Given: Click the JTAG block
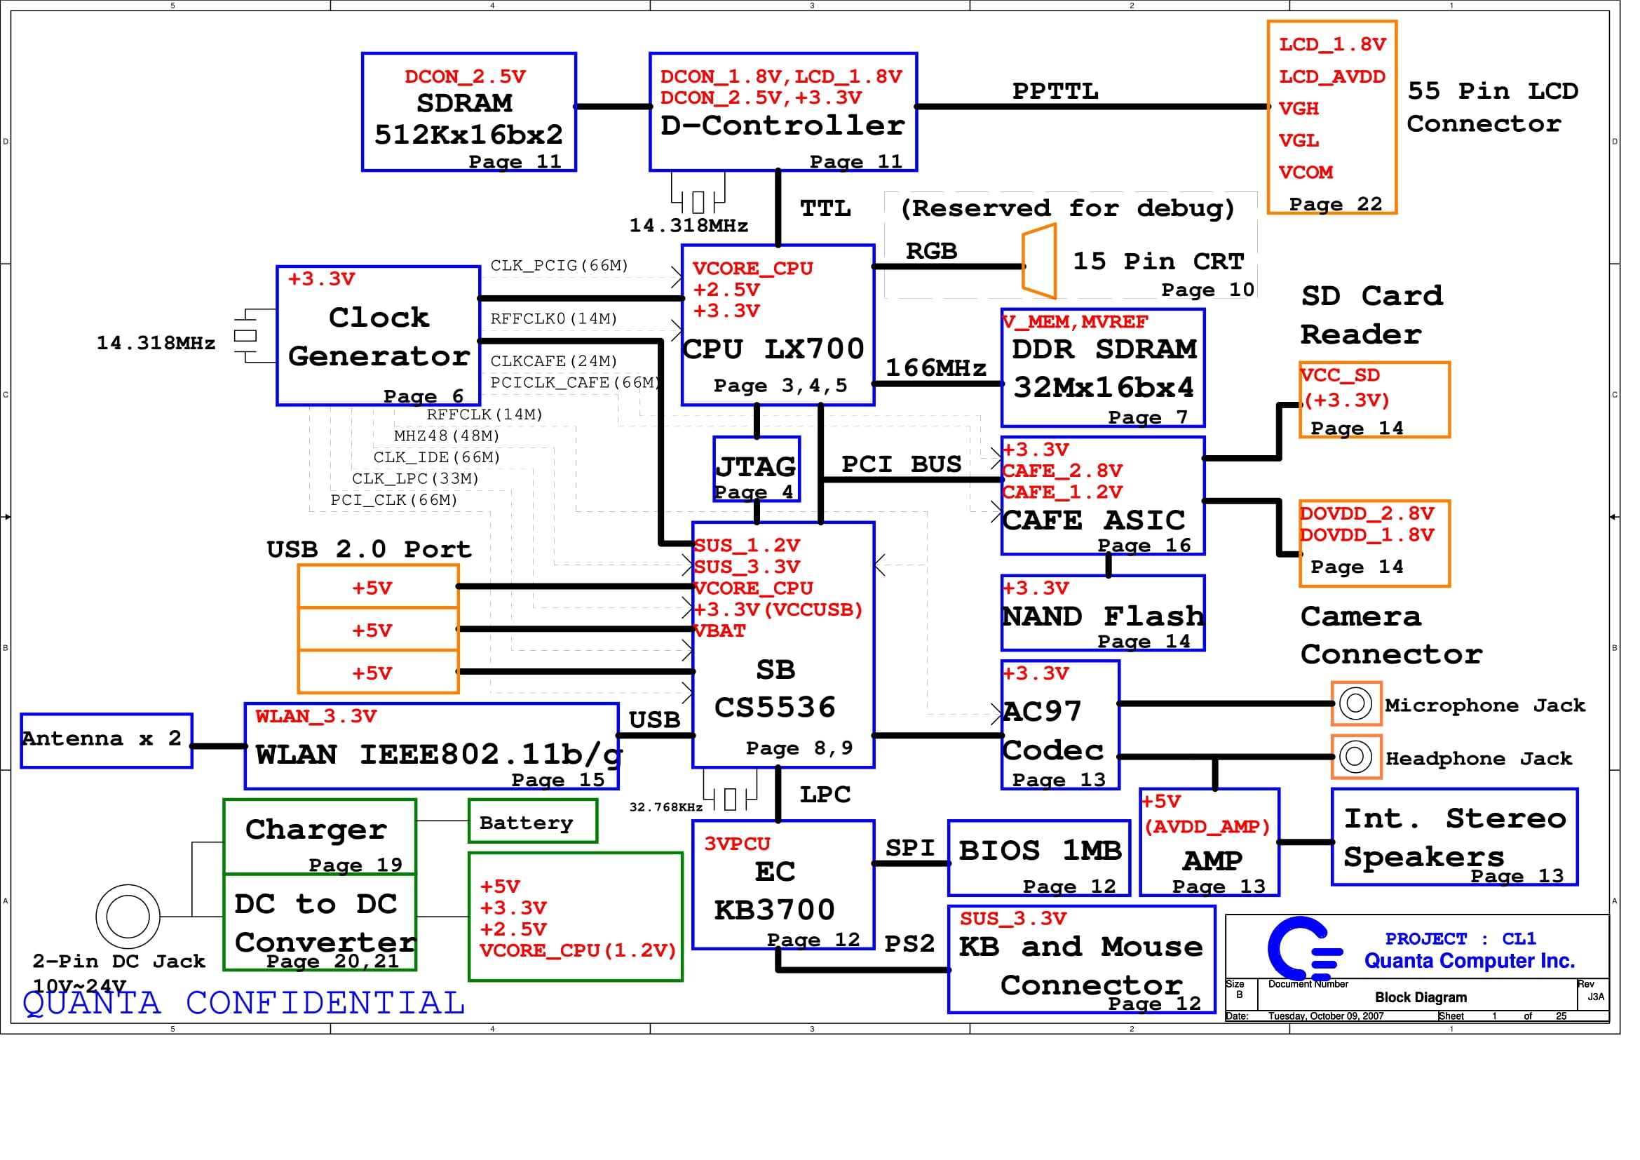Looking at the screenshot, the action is coord(757,469).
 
